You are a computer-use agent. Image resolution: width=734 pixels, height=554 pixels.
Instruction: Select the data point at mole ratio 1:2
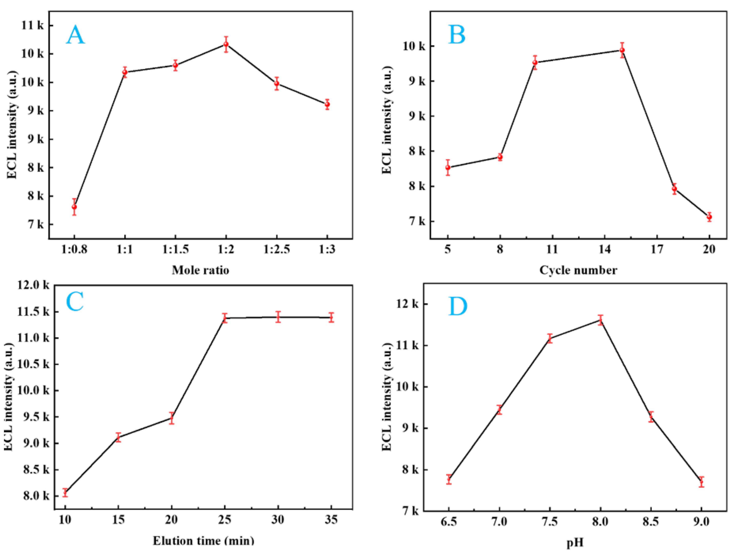(x=226, y=44)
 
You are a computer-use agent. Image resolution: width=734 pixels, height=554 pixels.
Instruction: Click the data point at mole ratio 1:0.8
(x=74, y=207)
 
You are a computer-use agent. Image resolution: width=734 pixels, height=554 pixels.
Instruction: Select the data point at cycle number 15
(x=622, y=50)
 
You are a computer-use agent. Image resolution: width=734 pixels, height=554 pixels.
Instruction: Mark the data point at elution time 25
(x=225, y=318)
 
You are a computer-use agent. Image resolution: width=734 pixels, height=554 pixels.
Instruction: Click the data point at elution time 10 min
(x=65, y=492)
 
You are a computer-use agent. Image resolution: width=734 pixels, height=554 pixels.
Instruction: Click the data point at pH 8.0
(x=600, y=320)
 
